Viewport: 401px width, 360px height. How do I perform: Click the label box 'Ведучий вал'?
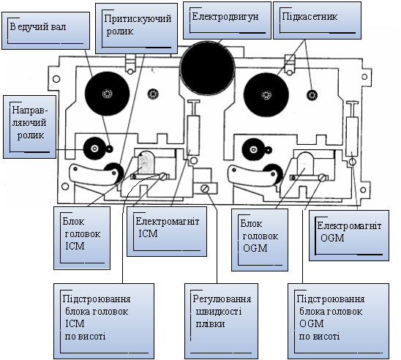click(46, 31)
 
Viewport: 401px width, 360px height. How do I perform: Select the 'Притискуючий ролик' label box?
click(137, 29)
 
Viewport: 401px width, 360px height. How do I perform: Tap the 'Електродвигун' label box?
click(227, 20)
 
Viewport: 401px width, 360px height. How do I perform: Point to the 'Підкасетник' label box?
click(317, 20)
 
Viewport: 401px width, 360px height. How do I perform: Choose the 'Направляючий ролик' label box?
click(30, 127)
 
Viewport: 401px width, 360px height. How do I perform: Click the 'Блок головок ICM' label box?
click(82, 238)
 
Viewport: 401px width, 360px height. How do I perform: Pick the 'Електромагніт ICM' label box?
click(167, 231)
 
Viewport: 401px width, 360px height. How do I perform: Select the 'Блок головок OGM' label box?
click(260, 240)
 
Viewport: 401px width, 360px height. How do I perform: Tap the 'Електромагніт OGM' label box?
click(349, 236)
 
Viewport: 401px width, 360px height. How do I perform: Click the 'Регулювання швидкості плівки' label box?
click(221, 321)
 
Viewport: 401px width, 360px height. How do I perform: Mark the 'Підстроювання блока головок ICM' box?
click(104, 321)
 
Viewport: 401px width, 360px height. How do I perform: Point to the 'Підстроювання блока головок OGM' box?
click(338, 321)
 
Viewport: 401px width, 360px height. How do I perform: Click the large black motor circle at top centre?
click(207, 68)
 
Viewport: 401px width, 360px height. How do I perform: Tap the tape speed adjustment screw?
click(205, 189)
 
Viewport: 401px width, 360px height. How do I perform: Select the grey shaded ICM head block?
click(146, 162)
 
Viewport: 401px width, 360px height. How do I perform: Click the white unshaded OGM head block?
click(306, 164)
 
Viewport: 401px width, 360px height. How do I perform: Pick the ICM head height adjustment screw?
click(163, 176)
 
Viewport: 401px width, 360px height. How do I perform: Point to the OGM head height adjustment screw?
click(323, 178)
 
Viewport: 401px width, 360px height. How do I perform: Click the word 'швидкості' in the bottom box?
click(219, 312)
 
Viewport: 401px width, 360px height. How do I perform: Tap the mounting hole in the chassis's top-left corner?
click(56, 79)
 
